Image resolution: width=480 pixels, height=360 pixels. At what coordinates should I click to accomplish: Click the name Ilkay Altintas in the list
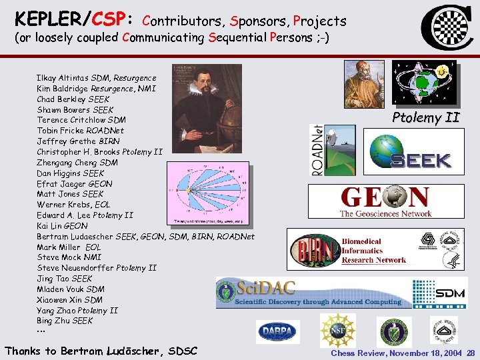[63, 78]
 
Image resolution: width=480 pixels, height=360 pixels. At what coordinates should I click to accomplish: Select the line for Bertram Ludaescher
[145, 237]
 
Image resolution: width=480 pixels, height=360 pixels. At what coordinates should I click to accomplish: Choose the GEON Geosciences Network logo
[385, 201]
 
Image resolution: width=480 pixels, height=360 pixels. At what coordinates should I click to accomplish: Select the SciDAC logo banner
[310, 293]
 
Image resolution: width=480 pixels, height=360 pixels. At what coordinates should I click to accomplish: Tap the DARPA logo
[278, 331]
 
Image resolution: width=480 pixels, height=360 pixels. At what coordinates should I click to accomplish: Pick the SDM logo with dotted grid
[439, 293]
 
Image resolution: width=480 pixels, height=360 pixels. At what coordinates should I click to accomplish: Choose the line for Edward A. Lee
[85, 215]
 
